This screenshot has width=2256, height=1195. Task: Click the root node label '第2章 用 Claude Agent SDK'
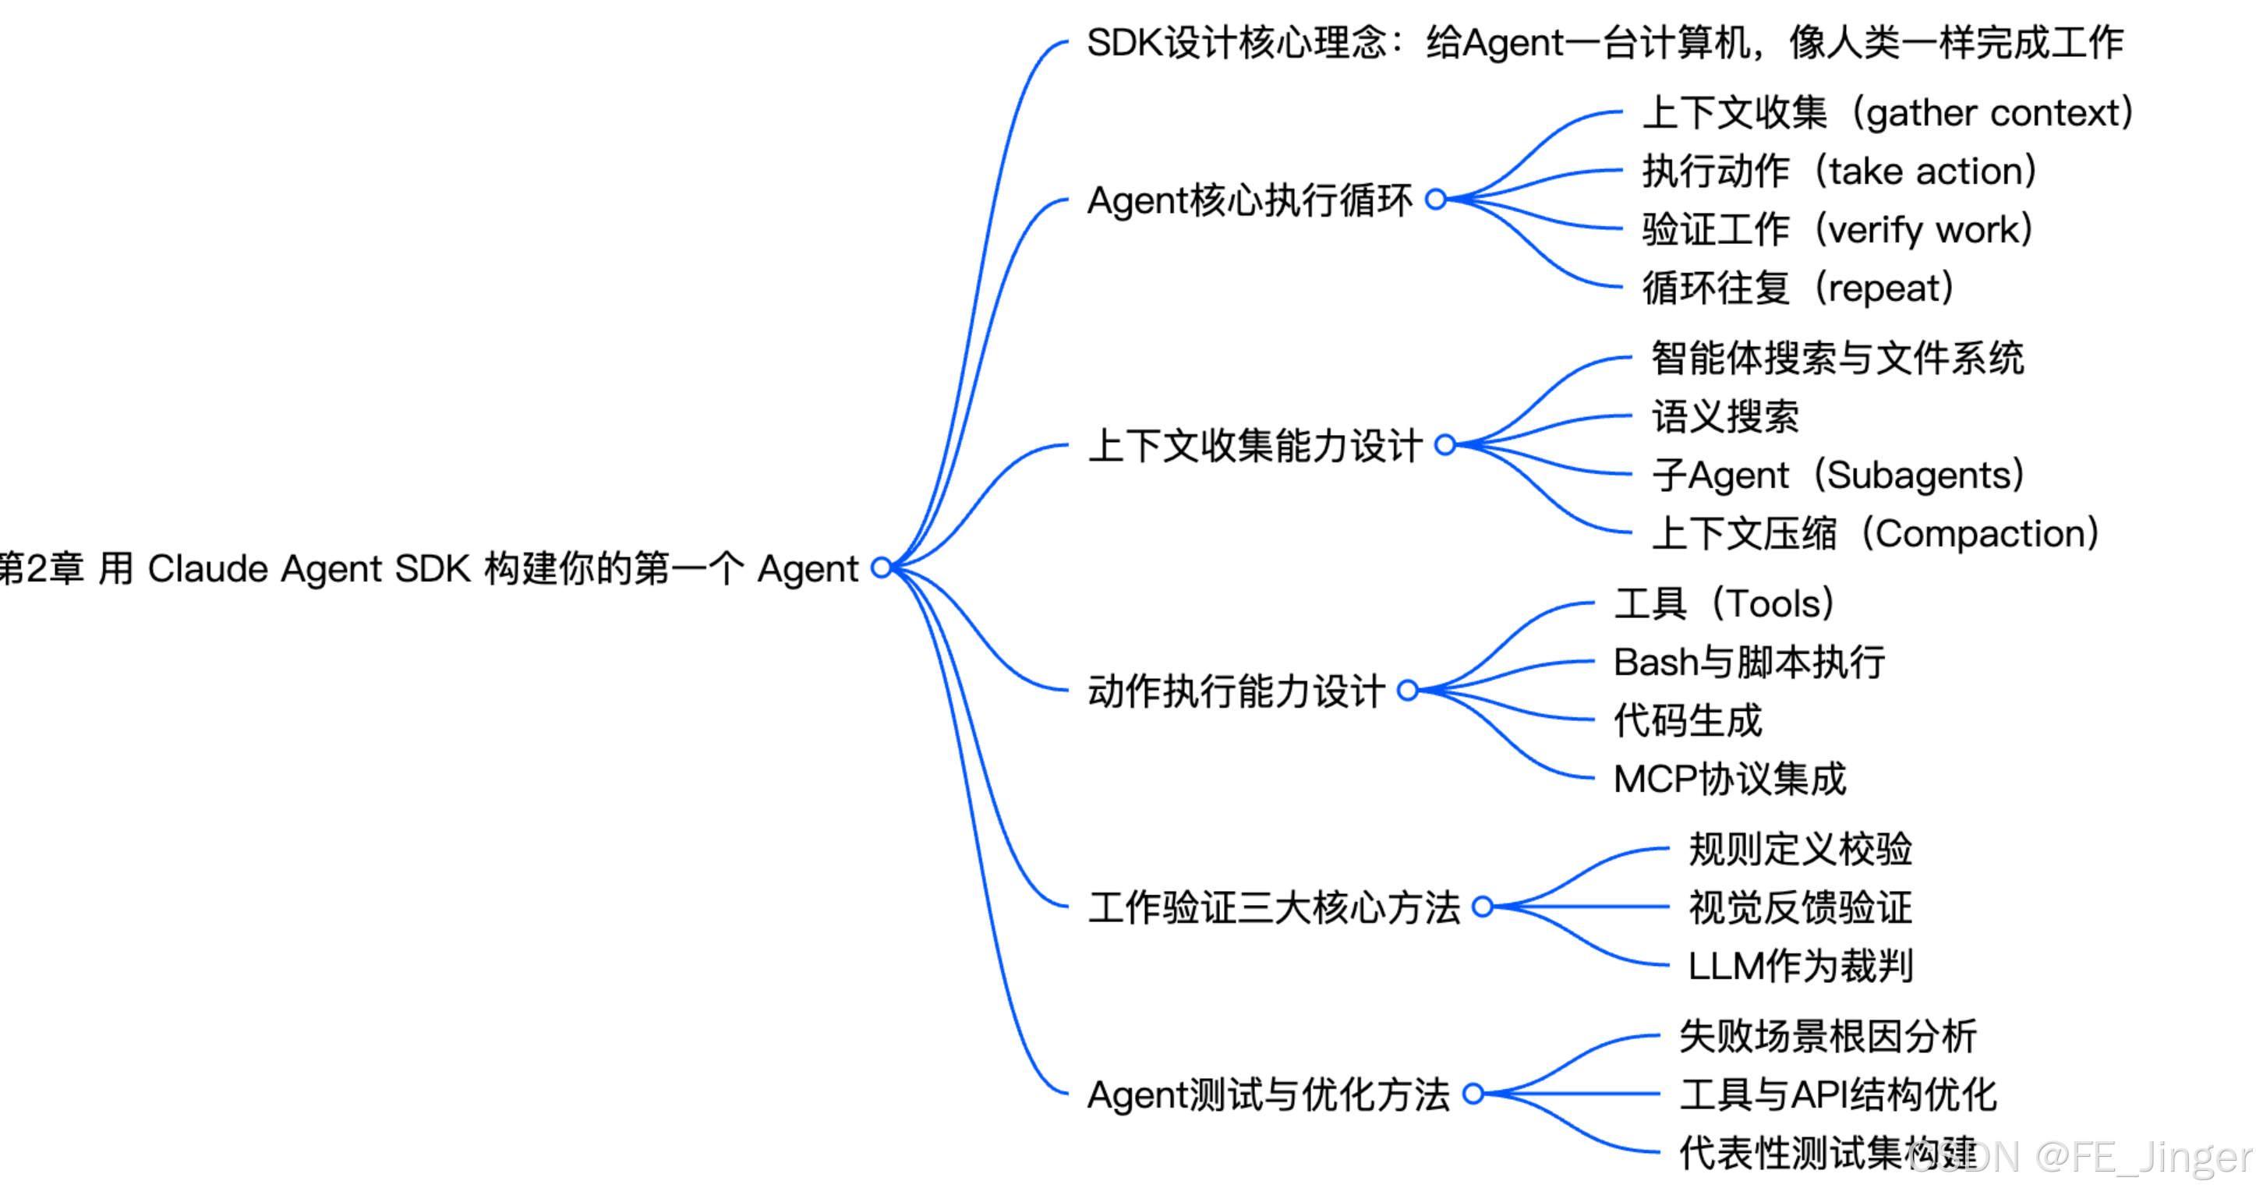pos(429,569)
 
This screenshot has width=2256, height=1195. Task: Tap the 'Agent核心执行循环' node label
pos(1249,200)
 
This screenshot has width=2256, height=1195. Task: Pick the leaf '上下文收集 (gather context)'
pos(1886,113)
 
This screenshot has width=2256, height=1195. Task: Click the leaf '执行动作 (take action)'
pos(1838,171)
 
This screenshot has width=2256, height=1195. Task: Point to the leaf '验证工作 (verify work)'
pos(1837,229)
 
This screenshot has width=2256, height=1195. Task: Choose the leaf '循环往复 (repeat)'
pos(1797,288)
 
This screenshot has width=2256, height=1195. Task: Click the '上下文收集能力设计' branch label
pos(1254,446)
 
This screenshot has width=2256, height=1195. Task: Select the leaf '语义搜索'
pos(1725,417)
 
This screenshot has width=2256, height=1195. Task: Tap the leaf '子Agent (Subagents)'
pos(1837,476)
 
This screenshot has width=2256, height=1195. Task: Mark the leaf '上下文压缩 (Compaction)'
pos(1874,534)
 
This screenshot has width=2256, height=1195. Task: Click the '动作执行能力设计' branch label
pos(1236,691)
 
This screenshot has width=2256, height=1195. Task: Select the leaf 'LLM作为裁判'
pos(1801,967)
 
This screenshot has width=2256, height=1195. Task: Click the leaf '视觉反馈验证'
pos(1801,908)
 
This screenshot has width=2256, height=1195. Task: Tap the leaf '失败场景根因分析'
pos(1828,1037)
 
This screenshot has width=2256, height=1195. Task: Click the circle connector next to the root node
pos(882,568)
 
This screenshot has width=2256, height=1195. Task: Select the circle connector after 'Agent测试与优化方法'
pos(1474,1094)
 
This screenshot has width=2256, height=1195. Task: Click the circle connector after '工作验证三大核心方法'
pos(1483,907)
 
